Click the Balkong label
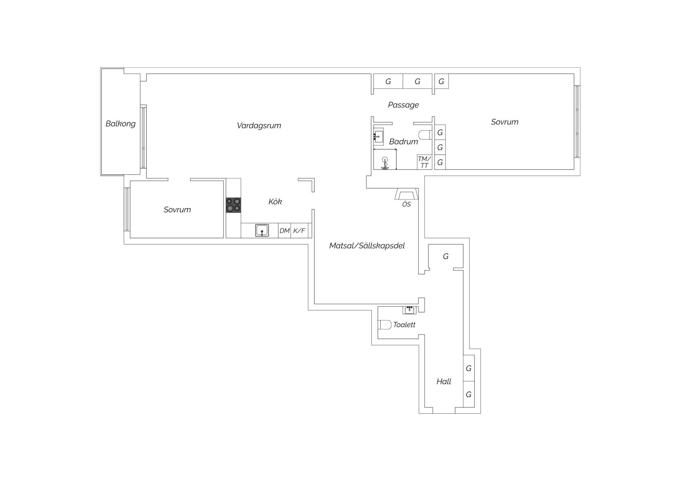pyautogui.click(x=121, y=124)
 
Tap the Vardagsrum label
pyautogui.click(x=259, y=125)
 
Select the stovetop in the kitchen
pyautogui.click(x=233, y=205)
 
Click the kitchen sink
pyautogui.click(x=262, y=230)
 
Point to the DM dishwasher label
pyautogui.click(x=285, y=231)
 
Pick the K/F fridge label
pyautogui.click(x=299, y=231)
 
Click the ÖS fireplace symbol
pyautogui.click(x=406, y=194)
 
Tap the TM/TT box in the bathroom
pyautogui.click(x=425, y=162)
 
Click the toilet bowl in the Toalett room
pyautogui.click(x=385, y=324)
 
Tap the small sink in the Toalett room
pyautogui.click(x=410, y=310)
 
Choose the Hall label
pyautogui.click(x=444, y=381)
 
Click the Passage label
pyautogui.click(x=403, y=105)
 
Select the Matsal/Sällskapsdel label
pyautogui.click(x=367, y=246)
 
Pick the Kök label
pyautogui.click(x=275, y=201)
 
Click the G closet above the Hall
pyautogui.click(x=446, y=256)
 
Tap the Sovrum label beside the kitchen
pyautogui.click(x=177, y=209)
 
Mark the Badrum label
pyautogui.click(x=404, y=142)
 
